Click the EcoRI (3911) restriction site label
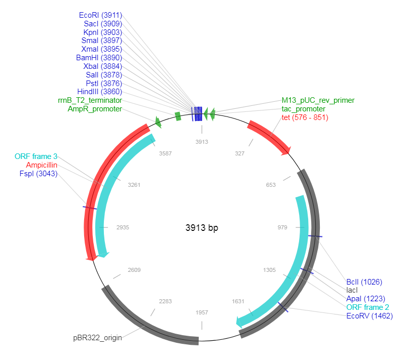(x=100, y=15)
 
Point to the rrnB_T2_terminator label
(x=90, y=100)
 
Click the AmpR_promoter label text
(x=95, y=109)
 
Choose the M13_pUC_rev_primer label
(x=318, y=100)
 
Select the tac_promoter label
(x=304, y=109)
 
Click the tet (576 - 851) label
(x=305, y=117)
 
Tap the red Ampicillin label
(x=42, y=165)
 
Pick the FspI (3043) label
(x=39, y=174)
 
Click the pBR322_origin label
(x=97, y=337)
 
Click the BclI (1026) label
(x=364, y=282)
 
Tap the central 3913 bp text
(x=202, y=228)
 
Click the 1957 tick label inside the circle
(x=202, y=312)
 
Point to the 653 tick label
(x=271, y=185)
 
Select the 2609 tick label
(x=134, y=270)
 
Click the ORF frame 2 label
(x=368, y=307)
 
